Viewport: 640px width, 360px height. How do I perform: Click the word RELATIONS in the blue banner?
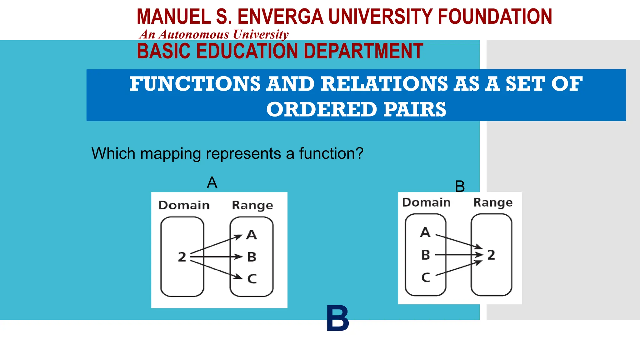click(384, 84)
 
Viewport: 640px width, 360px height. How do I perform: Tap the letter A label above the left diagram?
click(212, 182)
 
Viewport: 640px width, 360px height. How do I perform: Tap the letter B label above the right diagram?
click(460, 187)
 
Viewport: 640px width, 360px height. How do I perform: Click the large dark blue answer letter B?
click(337, 318)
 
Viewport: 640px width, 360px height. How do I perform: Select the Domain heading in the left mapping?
click(184, 205)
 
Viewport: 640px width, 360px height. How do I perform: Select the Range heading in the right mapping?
click(493, 202)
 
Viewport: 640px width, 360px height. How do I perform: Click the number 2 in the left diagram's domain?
click(182, 257)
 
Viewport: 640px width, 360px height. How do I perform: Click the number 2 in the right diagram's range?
click(491, 255)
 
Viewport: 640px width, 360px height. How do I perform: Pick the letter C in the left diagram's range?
click(252, 278)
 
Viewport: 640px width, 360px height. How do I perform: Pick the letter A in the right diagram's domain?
click(425, 232)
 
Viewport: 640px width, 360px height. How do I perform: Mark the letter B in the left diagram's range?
click(252, 257)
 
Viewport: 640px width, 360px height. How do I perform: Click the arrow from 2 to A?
click(216, 245)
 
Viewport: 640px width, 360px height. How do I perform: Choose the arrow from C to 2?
click(459, 268)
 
